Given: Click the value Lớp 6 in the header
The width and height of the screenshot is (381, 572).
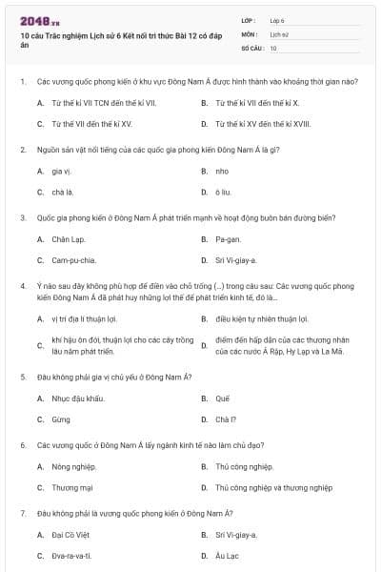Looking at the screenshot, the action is click(x=277, y=20).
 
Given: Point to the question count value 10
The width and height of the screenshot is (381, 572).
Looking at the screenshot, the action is click(x=273, y=47).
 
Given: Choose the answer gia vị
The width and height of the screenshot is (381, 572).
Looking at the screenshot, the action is click(x=62, y=171).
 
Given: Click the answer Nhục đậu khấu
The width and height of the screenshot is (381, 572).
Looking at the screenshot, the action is click(x=77, y=398).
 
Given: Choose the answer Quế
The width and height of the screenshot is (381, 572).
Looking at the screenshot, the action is click(x=223, y=398).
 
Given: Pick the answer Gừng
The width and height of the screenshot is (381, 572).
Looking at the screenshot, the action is click(x=61, y=419).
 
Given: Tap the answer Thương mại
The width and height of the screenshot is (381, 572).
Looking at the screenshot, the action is click(x=71, y=487).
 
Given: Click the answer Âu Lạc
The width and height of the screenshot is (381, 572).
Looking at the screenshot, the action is click(x=226, y=556).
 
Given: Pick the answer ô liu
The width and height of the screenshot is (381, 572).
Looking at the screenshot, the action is click(x=223, y=192).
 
